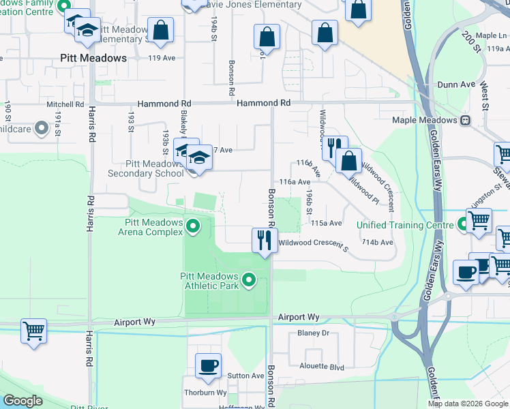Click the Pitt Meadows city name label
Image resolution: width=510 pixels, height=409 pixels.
coord(93,59)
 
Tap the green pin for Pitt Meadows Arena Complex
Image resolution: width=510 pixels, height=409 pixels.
coord(194,225)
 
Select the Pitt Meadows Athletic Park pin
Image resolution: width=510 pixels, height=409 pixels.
coord(250,279)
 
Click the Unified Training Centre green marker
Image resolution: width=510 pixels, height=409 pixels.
coord(464,223)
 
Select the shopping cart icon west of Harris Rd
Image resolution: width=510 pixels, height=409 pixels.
coord(33,332)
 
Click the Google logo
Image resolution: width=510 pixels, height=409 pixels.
coord(22,401)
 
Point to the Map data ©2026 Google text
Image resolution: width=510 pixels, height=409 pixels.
coord(468,404)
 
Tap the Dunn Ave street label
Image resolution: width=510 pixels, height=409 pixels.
coord(456,85)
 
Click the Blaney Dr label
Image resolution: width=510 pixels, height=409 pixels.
coord(313,333)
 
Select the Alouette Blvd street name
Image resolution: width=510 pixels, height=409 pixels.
coord(322,366)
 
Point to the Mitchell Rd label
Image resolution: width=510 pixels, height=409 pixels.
coord(65,105)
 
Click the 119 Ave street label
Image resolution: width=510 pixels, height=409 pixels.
coord(162,59)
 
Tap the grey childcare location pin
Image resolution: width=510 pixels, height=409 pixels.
coord(41,127)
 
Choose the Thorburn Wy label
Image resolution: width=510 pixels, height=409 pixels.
coord(205,393)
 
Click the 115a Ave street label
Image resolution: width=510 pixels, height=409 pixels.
coord(326,223)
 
